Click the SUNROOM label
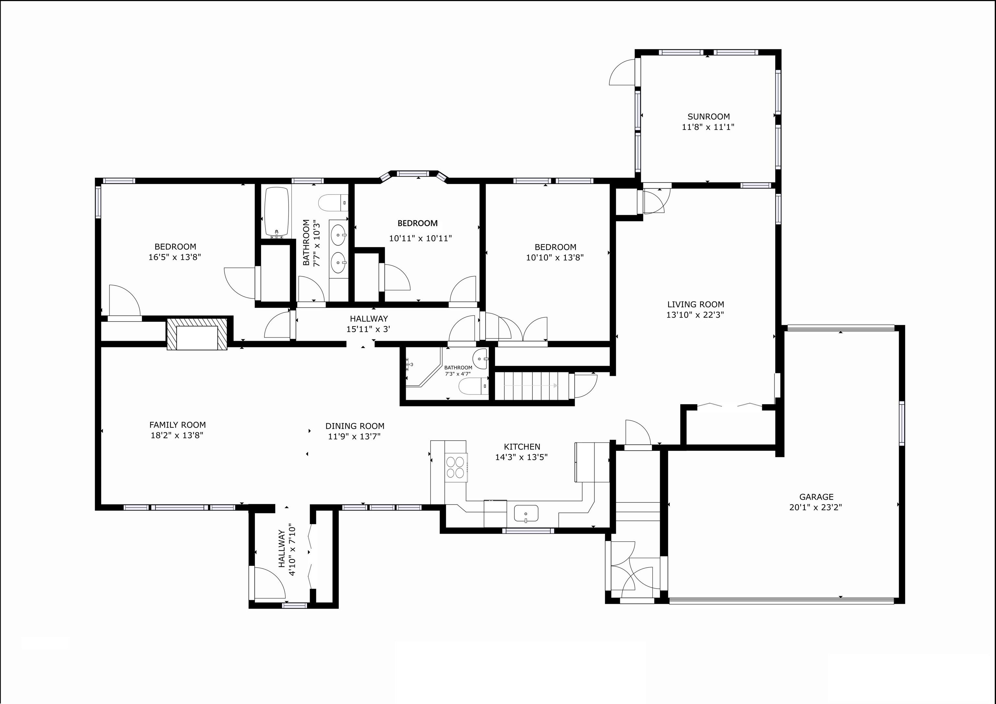pyautogui.click(x=708, y=117)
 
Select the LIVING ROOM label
pyautogui.click(x=695, y=304)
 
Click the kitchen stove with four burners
pyautogui.click(x=456, y=467)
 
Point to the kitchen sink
pyautogui.click(x=526, y=514)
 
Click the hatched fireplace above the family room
pyautogui.click(x=197, y=334)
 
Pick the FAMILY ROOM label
pyautogui.click(x=177, y=425)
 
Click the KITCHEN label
pyautogui.click(x=522, y=447)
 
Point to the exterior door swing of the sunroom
pyautogui.click(x=623, y=73)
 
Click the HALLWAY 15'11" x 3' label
pyautogui.click(x=368, y=323)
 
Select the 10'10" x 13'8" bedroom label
pyautogui.click(x=555, y=247)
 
